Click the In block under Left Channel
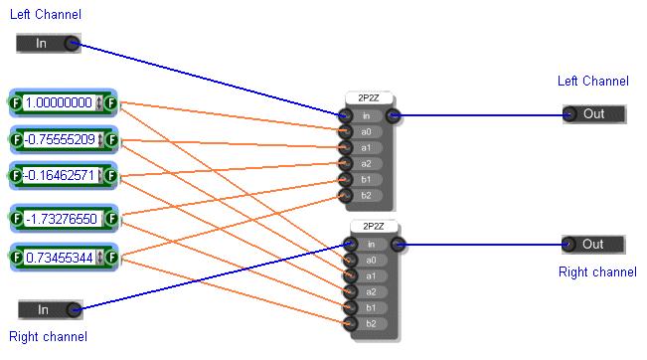tap(49, 44)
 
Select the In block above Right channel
tap(51, 309)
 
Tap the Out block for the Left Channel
tap(594, 114)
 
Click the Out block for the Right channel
tap(593, 245)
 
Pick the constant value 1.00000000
tap(59, 102)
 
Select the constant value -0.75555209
tap(60, 140)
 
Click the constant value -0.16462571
tap(61, 176)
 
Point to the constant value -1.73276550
tap(62, 219)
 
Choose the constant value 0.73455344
tap(60, 258)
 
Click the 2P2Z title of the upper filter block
tap(369, 98)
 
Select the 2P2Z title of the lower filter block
tap(374, 226)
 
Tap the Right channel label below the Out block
tap(597, 272)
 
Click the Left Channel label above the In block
tap(46, 15)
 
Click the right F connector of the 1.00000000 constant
tap(110, 102)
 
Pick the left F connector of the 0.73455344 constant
tap(17, 258)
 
